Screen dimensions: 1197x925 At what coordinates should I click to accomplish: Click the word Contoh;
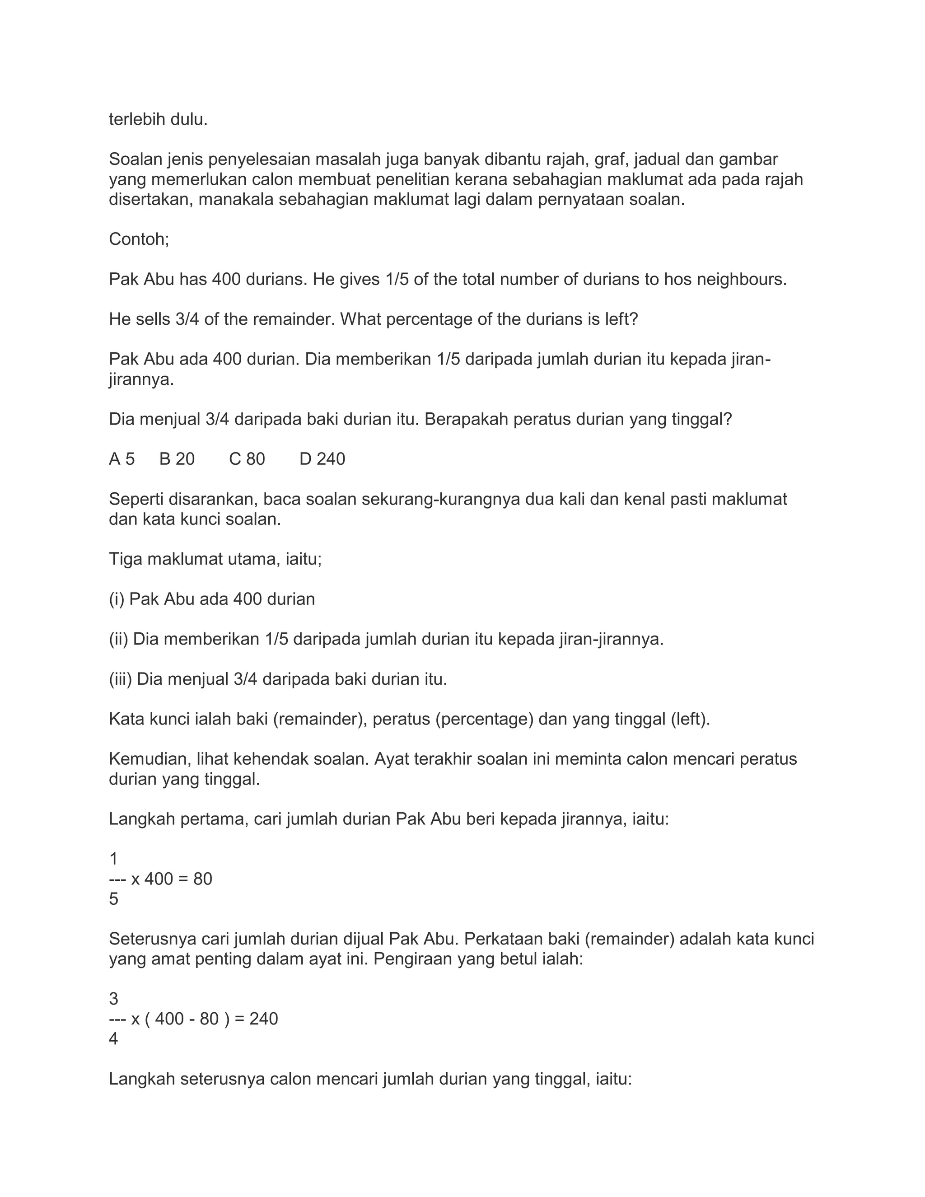[139, 239]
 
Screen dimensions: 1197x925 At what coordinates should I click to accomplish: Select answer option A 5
[121, 459]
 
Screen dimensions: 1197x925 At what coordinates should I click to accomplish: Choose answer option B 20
[177, 459]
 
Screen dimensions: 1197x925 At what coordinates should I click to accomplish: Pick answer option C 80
[247, 459]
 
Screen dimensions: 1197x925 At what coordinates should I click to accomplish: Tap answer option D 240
[322, 459]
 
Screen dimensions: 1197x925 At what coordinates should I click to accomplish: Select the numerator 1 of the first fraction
[113, 859]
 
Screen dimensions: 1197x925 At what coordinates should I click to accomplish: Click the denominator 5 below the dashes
[113, 899]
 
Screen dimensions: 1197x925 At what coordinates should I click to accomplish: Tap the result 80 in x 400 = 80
[203, 879]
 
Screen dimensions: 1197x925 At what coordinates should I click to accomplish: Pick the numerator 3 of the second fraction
[113, 999]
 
